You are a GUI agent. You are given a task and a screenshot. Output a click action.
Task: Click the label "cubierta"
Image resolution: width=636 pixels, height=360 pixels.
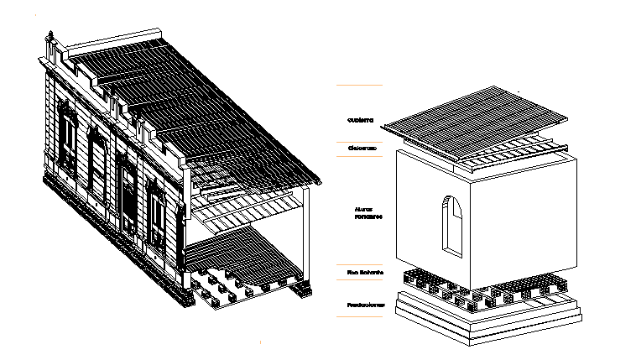(x=361, y=120)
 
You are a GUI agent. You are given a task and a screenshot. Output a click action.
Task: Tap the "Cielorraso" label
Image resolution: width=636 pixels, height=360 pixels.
(x=362, y=148)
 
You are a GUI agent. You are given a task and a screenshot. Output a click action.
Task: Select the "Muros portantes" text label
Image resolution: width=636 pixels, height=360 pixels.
(x=368, y=213)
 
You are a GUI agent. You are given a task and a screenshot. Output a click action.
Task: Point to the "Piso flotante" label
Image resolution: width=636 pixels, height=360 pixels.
(x=365, y=273)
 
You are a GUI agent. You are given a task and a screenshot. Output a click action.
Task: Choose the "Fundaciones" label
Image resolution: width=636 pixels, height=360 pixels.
(x=366, y=305)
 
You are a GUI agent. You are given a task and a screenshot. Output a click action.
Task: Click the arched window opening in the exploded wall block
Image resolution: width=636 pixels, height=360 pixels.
(x=452, y=224)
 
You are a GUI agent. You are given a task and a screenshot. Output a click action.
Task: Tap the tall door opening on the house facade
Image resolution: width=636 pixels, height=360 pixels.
(x=128, y=197)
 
